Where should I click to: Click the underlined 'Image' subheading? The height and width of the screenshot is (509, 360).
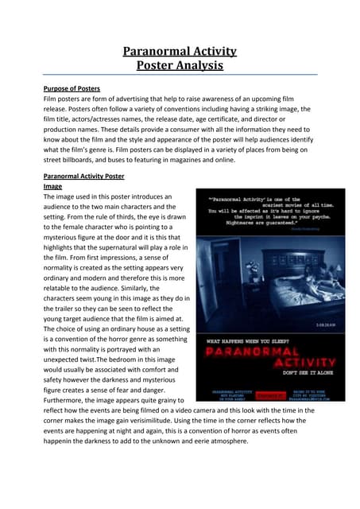[x=52, y=187]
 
